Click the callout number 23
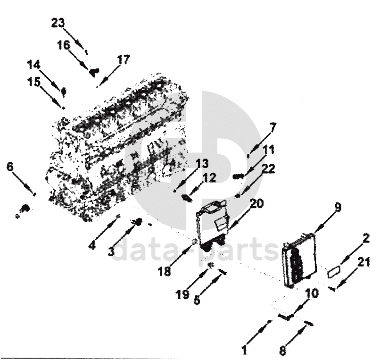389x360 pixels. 58,23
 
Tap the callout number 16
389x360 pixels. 64,46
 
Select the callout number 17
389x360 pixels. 123,60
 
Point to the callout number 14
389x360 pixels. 33,65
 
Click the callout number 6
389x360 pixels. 10,167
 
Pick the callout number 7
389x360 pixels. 272,127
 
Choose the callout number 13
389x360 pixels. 202,164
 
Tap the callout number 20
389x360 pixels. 257,204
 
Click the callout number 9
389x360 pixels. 338,207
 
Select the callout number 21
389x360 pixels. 364,262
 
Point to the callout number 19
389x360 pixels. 182,295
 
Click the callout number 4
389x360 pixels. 92,245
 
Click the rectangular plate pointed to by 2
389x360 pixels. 334,272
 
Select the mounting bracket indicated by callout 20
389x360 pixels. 212,225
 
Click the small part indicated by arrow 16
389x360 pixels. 94,72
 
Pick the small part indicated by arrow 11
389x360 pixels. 238,176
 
